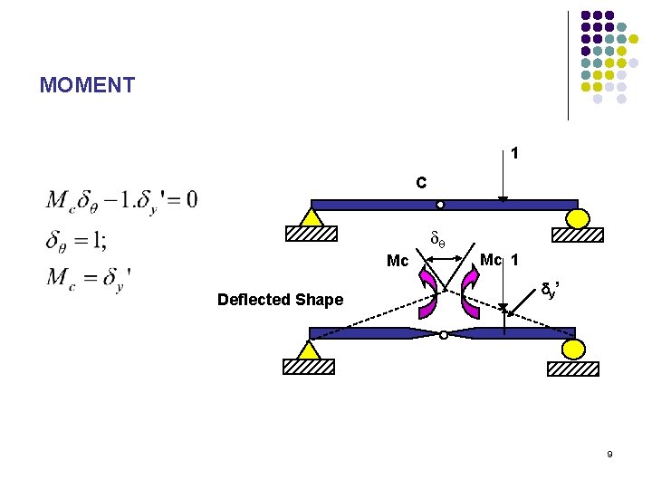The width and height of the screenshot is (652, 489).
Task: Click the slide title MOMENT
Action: [87, 86]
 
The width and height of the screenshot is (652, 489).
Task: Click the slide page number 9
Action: [609, 453]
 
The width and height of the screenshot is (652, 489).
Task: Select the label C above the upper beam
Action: [421, 183]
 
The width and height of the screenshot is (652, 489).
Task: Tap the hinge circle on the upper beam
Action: [440, 205]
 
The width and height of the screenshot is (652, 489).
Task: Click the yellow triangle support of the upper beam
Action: [312, 217]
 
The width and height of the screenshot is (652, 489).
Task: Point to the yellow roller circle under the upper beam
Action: [578, 218]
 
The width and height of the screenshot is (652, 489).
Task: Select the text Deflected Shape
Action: [280, 300]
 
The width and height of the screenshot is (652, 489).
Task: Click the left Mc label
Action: [398, 262]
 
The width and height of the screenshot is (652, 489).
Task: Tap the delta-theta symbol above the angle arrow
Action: [436, 242]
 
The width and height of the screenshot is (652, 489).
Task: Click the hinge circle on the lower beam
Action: [443, 335]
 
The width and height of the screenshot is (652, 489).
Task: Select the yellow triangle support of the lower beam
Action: [311, 350]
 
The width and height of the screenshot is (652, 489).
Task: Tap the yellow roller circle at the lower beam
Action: [571, 350]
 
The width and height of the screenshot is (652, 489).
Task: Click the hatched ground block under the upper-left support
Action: [312, 234]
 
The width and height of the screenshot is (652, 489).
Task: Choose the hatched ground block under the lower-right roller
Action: [572, 368]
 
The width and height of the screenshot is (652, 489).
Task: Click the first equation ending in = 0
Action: [121, 198]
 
